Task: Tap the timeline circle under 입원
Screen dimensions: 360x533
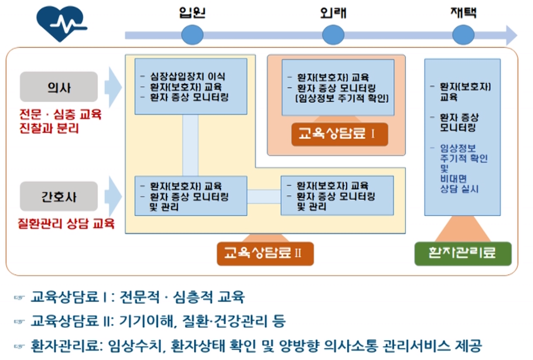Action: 192,35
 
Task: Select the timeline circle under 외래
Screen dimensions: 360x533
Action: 333,35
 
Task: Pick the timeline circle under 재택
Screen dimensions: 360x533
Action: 463,35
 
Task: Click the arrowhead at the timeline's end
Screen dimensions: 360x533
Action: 511,35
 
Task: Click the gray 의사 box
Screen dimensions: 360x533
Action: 59,87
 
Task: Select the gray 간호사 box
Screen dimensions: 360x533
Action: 59,197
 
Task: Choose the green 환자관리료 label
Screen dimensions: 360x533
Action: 463,253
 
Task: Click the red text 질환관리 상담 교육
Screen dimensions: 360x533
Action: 66,223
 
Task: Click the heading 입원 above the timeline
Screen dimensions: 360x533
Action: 192,13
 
